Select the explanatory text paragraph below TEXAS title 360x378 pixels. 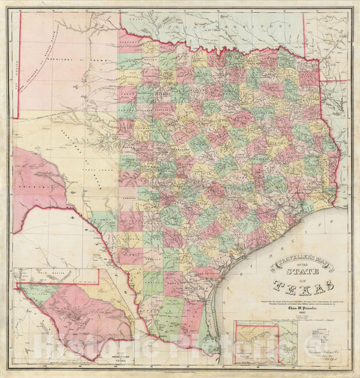298,300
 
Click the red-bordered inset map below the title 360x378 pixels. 255,343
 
